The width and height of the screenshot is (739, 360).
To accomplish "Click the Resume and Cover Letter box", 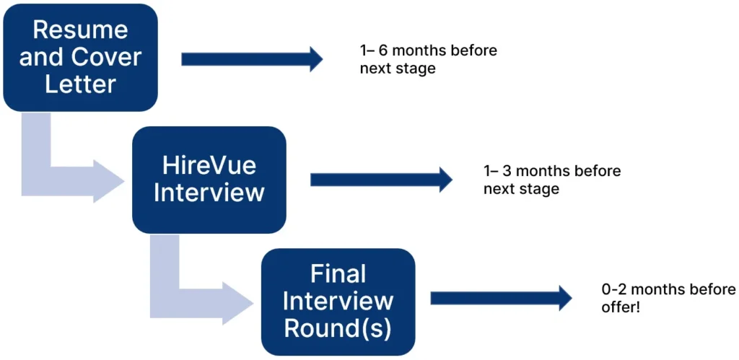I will [x=80, y=58].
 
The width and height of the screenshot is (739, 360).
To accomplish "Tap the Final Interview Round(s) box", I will [x=338, y=302].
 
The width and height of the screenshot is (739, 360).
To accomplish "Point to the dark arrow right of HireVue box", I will [x=380, y=180].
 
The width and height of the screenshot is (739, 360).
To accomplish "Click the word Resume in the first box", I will [x=80, y=30].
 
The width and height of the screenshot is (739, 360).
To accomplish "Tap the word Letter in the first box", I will [x=80, y=84].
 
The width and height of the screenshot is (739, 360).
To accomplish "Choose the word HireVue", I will [x=209, y=167].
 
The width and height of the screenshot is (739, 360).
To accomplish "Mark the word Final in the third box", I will [x=338, y=274].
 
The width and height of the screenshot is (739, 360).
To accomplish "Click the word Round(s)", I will [x=338, y=328].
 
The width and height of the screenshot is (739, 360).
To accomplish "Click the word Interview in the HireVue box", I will [x=209, y=193].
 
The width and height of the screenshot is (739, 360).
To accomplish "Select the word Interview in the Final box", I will [x=338, y=301].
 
